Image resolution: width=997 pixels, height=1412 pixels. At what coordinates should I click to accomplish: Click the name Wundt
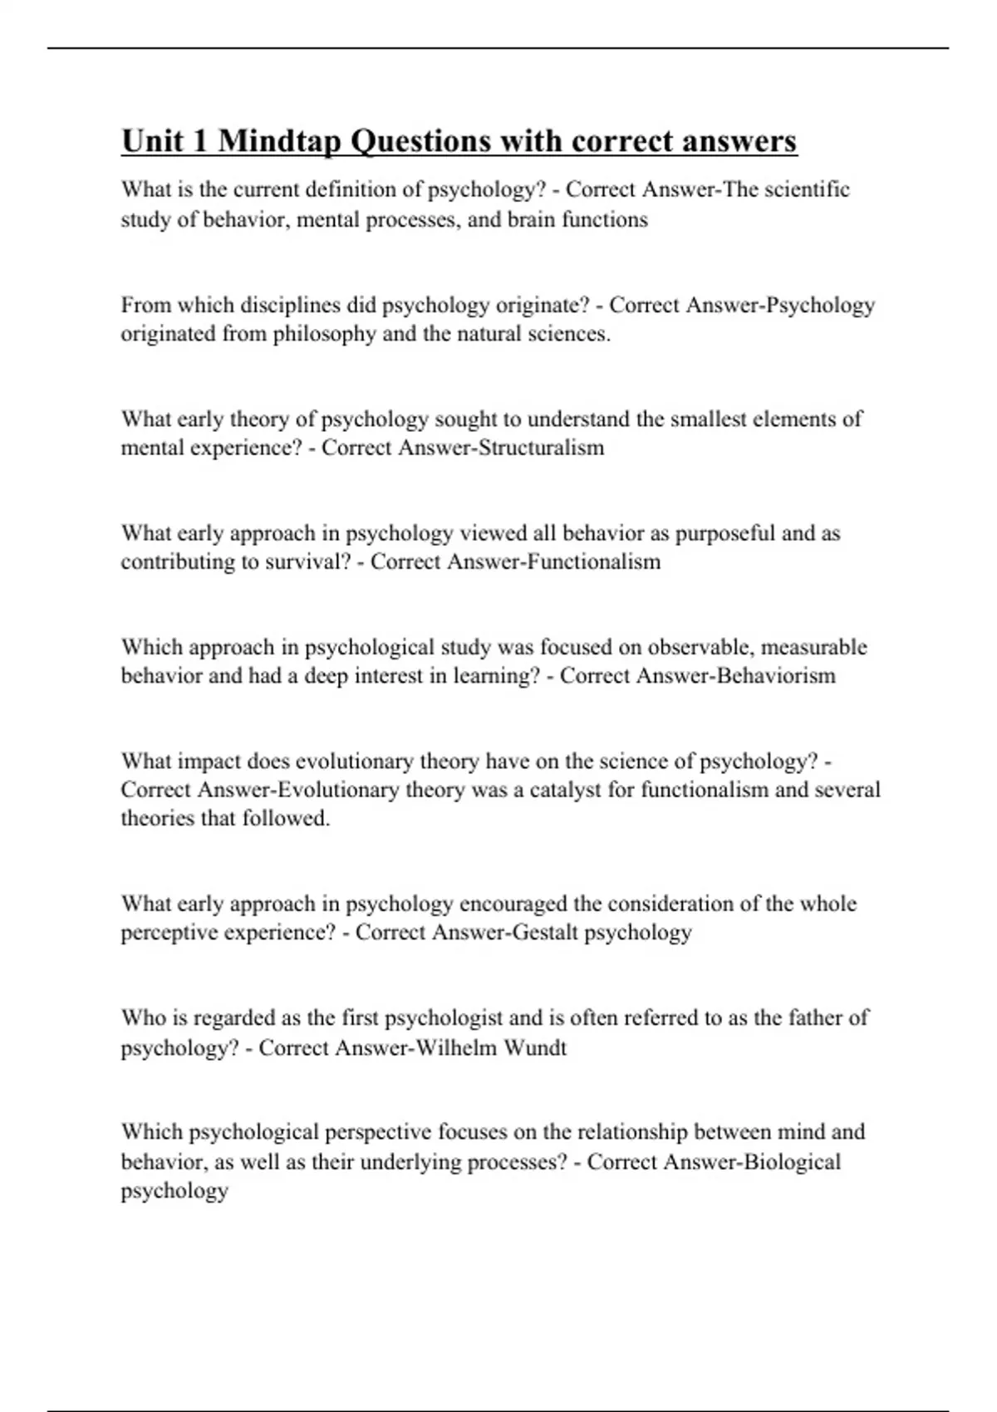534,1047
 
